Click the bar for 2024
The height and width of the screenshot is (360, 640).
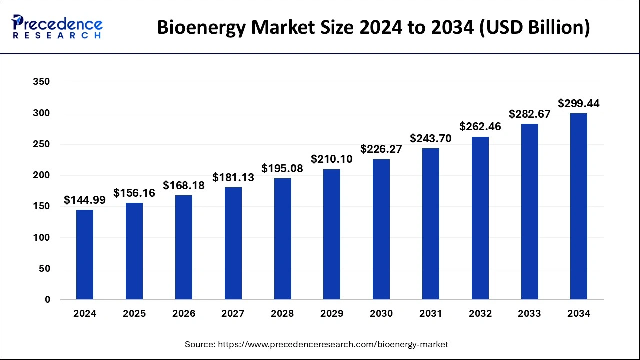point(85,255)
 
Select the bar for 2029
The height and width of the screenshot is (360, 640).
point(332,235)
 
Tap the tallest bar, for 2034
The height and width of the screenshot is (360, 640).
point(579,207)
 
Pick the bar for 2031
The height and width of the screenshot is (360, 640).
point(431,224)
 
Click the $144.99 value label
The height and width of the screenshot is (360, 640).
point(85,200)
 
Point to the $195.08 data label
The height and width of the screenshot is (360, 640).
point(282,169)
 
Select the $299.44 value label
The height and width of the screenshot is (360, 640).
point(579,104)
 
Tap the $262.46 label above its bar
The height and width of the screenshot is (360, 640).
point(480,127)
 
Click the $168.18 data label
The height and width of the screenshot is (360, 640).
point(184,186)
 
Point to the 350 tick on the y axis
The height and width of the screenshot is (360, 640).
point(41,82)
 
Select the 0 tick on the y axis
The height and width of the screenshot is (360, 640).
point(47,300)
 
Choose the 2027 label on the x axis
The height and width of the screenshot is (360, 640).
point(233,314)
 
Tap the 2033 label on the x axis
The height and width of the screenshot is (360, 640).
point(529,314)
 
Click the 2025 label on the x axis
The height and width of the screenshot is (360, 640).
point(134,314)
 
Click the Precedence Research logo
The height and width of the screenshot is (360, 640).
point(57,27)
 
